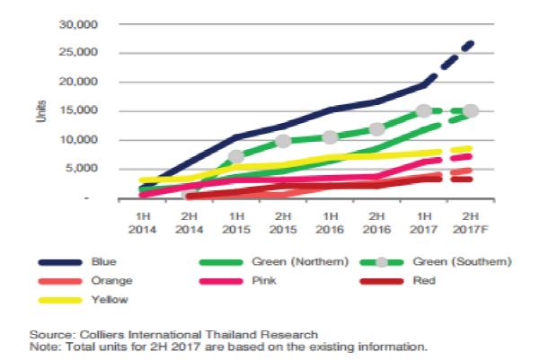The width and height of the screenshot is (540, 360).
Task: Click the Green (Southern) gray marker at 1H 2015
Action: coord(236,157)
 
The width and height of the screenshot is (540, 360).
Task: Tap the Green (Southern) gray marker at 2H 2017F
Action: coord(470,111)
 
